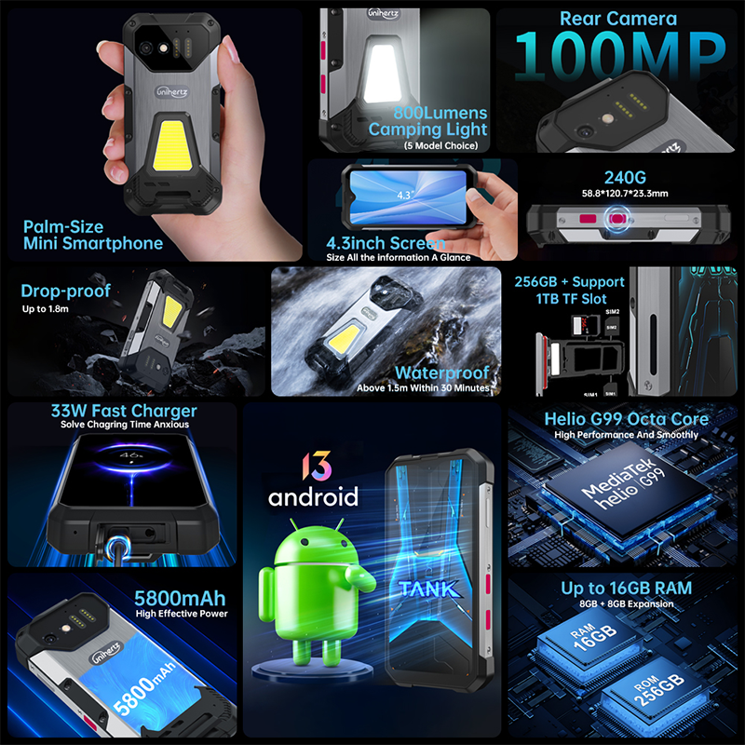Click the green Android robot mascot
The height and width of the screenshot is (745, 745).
(x=306, y=578)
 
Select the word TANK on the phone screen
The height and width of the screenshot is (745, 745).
(x=427, y=589)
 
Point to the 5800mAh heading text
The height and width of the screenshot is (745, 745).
(x=180, y=597)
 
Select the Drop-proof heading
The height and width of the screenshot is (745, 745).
(x=65, y=291)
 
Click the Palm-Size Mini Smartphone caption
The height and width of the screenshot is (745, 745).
(x=93, y=235)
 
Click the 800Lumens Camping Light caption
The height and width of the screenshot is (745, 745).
(x=428, y=122)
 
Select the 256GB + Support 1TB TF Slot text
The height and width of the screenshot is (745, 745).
(x=570, y=290)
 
